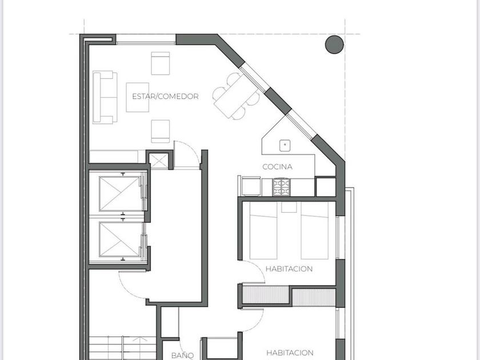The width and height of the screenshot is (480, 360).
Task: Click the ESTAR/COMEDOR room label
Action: (165, 97)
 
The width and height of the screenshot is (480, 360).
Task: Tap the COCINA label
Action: (277, 167)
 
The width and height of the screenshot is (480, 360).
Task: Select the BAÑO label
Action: (182, 355)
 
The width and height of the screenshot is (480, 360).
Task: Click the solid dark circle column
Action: (334, 45)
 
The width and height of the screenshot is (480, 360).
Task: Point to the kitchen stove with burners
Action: (281, 187)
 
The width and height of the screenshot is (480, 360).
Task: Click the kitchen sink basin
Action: (285, 146)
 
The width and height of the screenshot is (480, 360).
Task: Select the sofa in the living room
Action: (105, 97)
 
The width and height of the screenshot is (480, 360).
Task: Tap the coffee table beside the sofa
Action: (138, 97)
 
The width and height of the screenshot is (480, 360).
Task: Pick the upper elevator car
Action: (119, 194)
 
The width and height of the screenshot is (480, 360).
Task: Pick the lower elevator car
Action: (119, 239)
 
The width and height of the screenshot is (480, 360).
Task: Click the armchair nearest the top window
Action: (161, 63)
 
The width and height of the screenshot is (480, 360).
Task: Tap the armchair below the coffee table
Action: (161, 131)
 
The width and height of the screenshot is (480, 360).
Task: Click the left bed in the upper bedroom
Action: (263, 230)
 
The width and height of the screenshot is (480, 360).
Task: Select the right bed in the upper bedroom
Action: (314, 230)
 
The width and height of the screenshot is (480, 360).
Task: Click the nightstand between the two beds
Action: (289, 207)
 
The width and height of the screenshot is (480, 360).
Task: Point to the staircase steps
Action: (122, 348)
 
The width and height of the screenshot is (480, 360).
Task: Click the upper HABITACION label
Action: (289, 269)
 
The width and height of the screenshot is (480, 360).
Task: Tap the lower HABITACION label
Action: (290, 353)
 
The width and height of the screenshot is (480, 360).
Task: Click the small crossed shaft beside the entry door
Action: (159, 161)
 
